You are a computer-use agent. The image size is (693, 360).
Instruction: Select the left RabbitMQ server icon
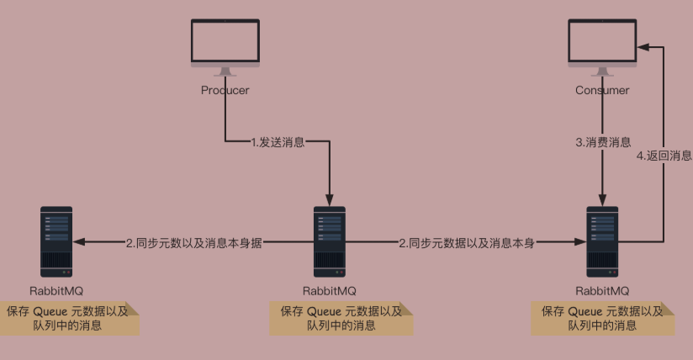click(x=56, y=241)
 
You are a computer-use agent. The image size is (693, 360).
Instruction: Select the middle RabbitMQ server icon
click(x=329, y=241)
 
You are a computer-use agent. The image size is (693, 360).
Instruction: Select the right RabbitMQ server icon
click(x=602, y=241)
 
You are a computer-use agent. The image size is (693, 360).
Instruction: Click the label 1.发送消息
click(x=278, y=142)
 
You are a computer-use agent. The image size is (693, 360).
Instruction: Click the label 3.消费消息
click(x=603, y=142)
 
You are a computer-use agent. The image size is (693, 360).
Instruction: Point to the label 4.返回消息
click(x=664, y=156)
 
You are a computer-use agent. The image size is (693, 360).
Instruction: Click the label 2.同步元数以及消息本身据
click(x=194, y=243)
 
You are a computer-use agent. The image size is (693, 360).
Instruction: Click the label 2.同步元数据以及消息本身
click(x=467, y=243)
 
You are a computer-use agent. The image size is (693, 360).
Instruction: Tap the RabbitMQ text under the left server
click(x=56, y=290)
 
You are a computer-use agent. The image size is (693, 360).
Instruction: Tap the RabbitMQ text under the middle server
click(x=329, y=290)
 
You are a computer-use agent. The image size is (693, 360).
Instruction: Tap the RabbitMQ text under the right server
click(x=602, y=290)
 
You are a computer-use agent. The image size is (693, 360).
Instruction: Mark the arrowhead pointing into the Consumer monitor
click(x=643, y=48)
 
